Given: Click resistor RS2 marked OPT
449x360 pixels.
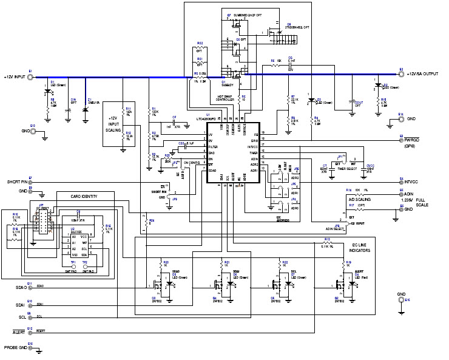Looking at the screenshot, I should tap(200, 50).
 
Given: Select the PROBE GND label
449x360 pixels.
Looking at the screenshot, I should tap(16, 347).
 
